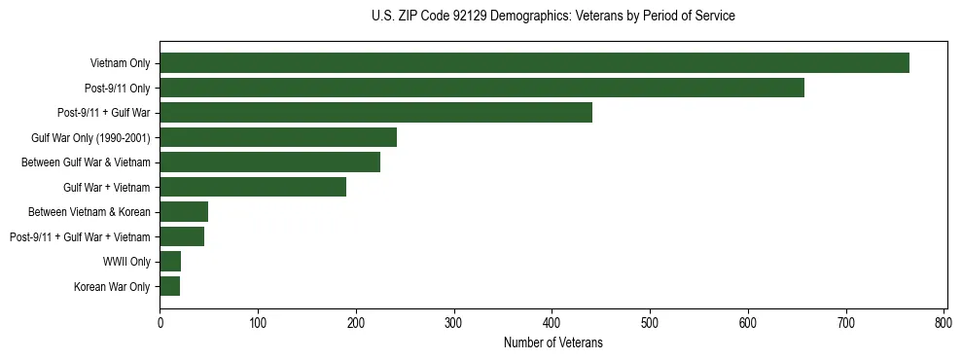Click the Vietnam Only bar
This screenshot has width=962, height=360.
pyautogui.click(x=534, y=63)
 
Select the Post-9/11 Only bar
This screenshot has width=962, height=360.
pyautogui.click(x=481, y=88)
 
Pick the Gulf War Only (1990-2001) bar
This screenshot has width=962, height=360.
pyautogui.click(x=278, y=137)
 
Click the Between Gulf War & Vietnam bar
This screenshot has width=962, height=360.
pyautogui.click(x=269, y=162)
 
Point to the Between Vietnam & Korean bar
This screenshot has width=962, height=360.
pyautogui.click(x=184, y=212)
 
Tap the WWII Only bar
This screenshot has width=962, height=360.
pyautogui.click(x=170, y=262)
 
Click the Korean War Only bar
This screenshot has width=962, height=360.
pyautogui.click(x=169, y=286)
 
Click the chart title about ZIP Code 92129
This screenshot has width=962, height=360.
pyautogui.click(x=553, y=17)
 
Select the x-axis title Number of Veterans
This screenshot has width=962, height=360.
pyautogui.click(x=553, y=342)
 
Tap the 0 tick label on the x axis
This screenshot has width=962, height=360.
pyautogui.click(x=160, y=322)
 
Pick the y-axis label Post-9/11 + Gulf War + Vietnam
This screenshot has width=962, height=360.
pyautogui.click(x=80, y=236)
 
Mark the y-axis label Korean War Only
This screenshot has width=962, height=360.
pyautogui.click(x=112, y=286)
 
